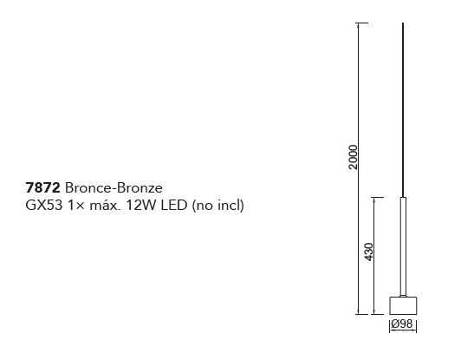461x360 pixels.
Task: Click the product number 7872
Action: (43, 188)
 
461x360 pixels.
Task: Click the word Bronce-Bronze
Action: (114, 188)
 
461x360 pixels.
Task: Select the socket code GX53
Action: (44, 206)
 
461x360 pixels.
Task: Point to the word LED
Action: (174, 206)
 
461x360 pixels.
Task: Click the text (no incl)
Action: (218, 206)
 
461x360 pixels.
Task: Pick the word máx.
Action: (105, 206)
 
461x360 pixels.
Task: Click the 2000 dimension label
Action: (353, 157)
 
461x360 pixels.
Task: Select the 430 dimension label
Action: (368, 252)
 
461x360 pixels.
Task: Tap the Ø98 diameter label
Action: (402, 324)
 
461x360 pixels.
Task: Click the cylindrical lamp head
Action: (403, 305)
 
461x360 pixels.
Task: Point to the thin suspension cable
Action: (403, 110)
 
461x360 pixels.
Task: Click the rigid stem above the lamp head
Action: (403, 246)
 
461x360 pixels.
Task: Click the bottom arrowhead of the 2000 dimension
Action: (358, 311)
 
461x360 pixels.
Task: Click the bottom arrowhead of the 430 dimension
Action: (373, 311)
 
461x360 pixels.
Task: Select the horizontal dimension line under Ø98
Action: (403, 331)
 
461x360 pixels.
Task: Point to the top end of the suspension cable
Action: (403, 23)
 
